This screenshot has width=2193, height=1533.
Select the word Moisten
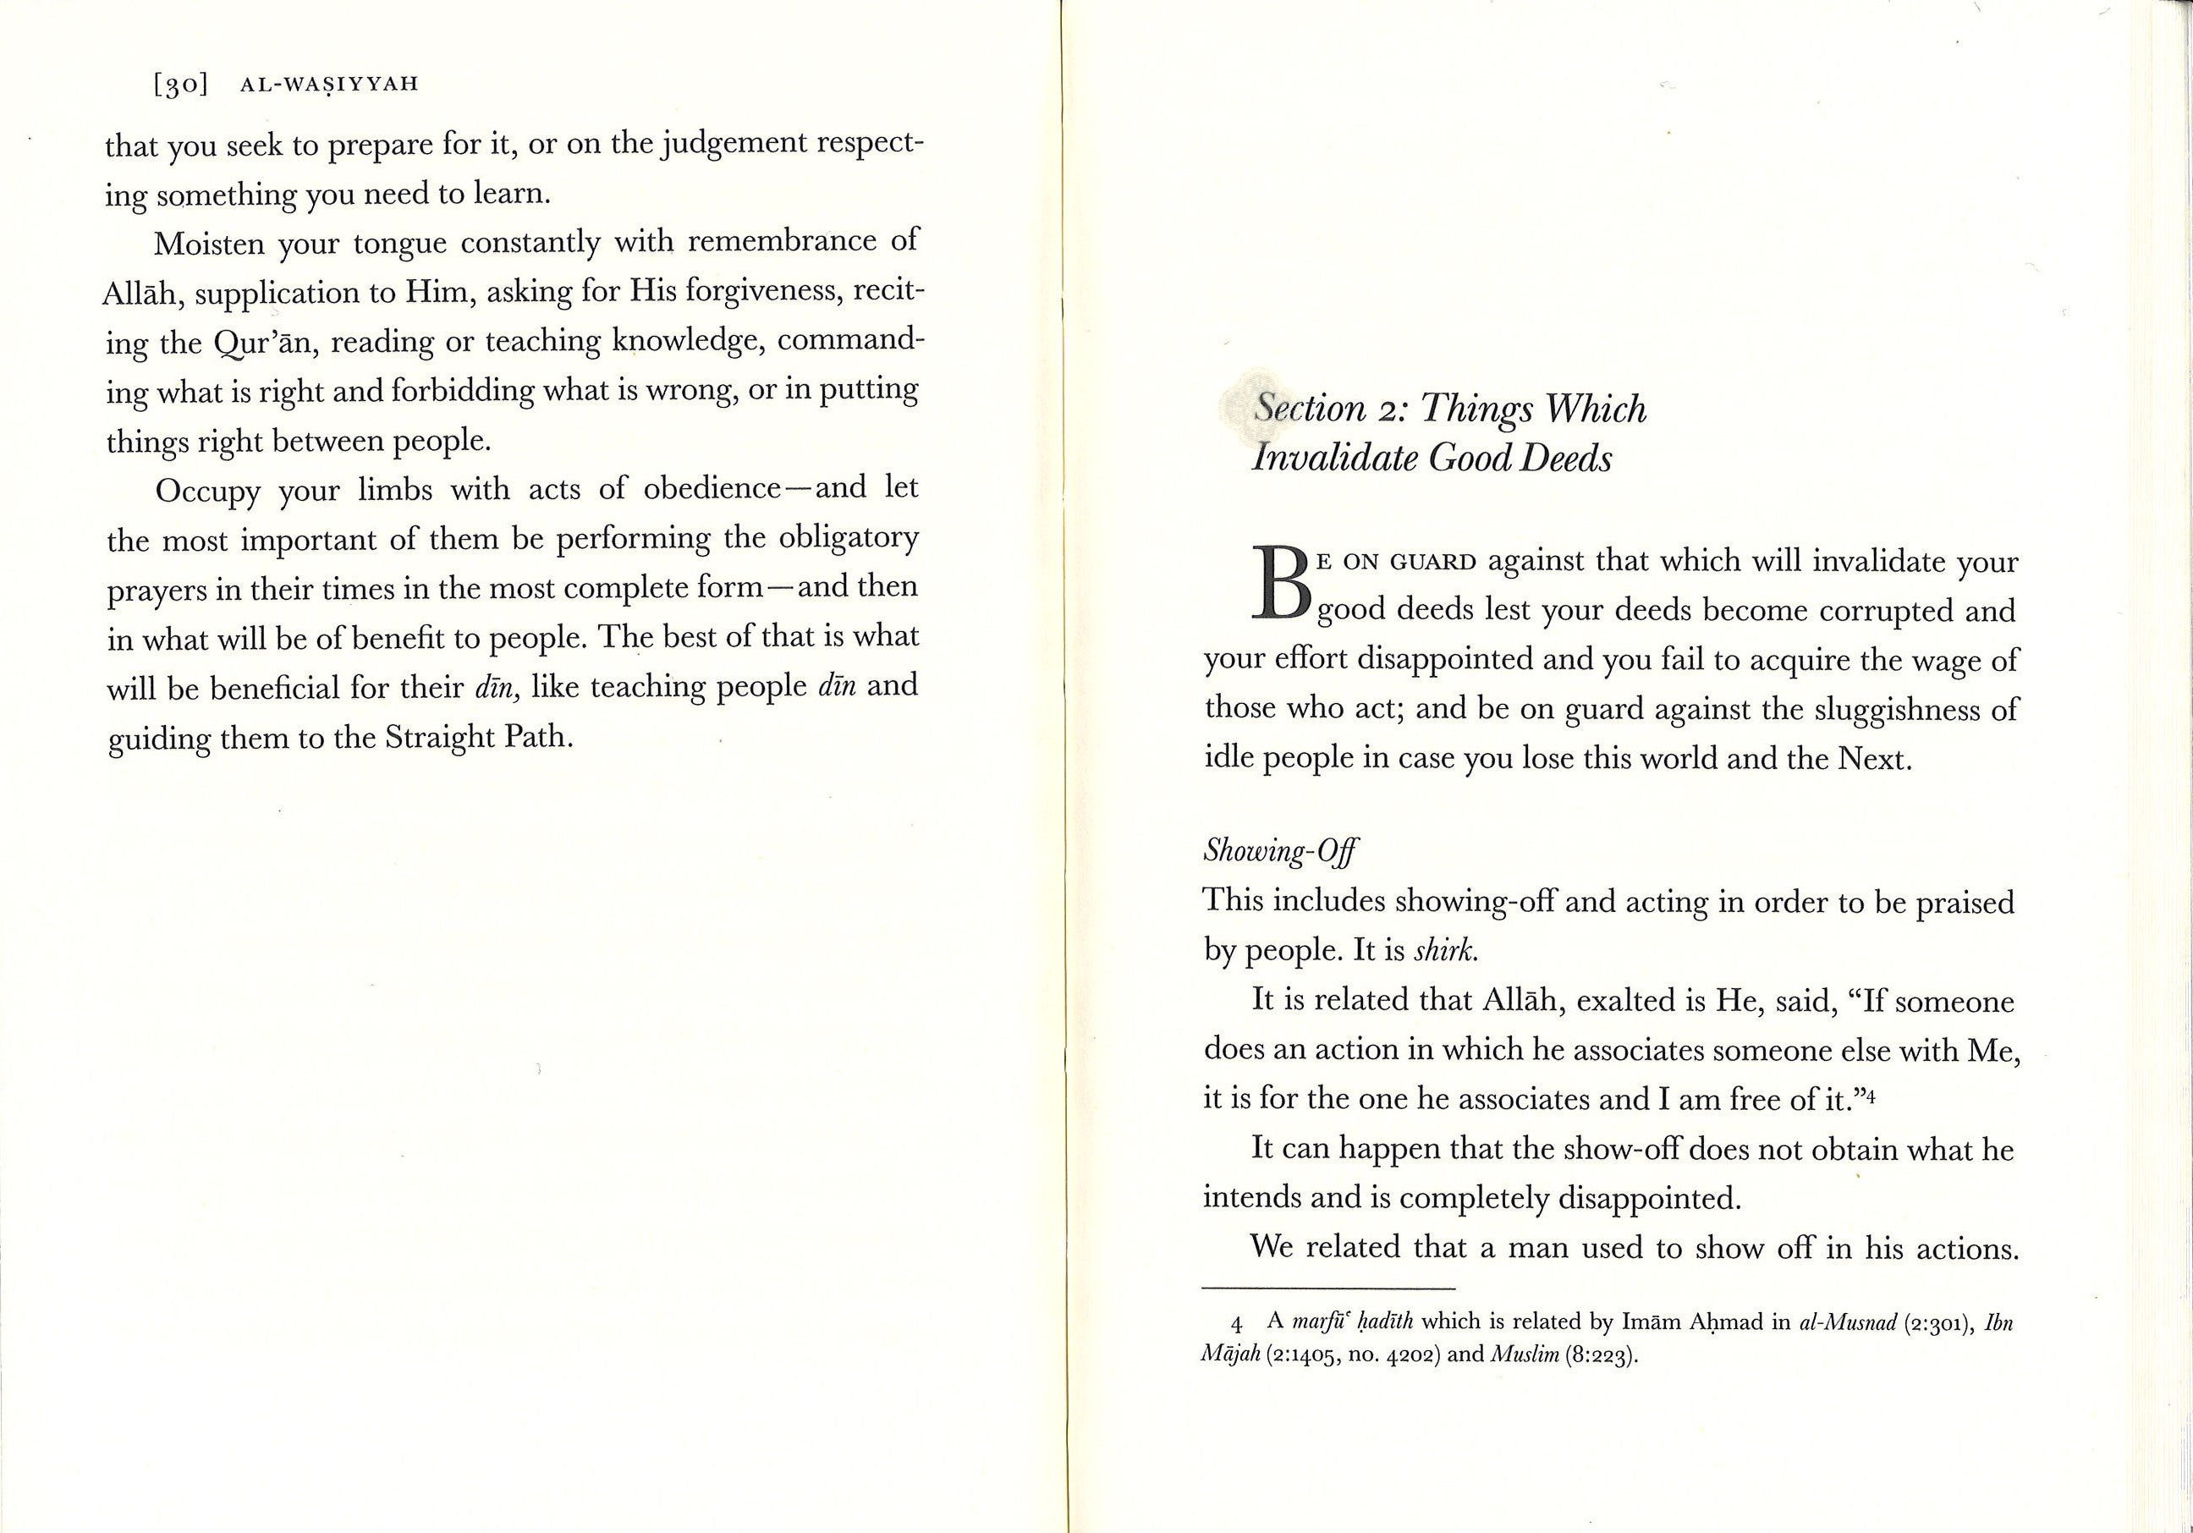(x=209, y=245)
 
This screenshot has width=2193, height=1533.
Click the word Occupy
(x=207, y=491)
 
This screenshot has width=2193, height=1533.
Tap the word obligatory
(x=847, y=539)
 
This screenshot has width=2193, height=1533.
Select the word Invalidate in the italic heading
(x=1334, y=459)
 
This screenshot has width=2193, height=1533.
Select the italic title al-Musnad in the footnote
(x=1848, y=1324)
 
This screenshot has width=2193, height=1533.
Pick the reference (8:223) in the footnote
(x=1601, y=1356)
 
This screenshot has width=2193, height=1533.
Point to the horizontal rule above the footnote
(x=1328, y=1288)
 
